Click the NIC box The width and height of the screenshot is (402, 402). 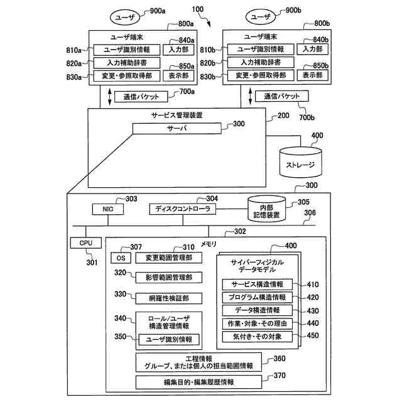pyautogui.click(x=107, y=209)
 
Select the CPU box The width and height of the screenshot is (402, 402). pyautogui.click(x=86, y=243)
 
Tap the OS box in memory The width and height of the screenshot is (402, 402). pyautogui.click(x=121, y=258)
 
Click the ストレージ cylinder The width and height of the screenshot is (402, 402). pyautogui.click(x=300, y=162)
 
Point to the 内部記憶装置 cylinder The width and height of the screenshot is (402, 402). pyautogui.click(x=266, y=209)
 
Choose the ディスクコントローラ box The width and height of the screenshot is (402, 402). pyautogui.click(x=183, y=209)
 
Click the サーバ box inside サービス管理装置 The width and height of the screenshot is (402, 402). pyautogui.click(x=177, y=128)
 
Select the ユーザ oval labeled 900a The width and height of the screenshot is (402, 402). pyautogui.click(x=125, y=18)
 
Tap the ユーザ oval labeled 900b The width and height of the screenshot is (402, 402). pyautogui.click(x=261, y=17)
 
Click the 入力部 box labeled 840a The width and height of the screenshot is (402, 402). pyautogui.click(x=178, y=50)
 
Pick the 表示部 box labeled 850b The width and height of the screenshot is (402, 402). pyautogui.click(x=313, y=75)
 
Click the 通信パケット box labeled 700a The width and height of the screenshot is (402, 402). pyautogui.click(x=141, y=97)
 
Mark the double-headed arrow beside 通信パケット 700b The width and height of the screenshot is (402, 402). pyautogui.click(x=251, y=96)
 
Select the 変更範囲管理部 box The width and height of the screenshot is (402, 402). pyautogui.click(x=169, y=258)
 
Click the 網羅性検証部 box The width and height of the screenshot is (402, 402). pyautogui.click(x=169, y=298)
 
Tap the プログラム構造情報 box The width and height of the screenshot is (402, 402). pyautogui.click(x=257, y=297)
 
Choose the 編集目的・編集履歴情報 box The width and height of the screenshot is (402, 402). pyautogui.click(x=198, y=382)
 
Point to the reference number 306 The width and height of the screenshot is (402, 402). pyautogui.click(x=310, y=212)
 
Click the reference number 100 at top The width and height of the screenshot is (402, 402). pyautogui.click(x=198, y=9)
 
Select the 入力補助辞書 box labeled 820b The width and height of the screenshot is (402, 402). pyautogui.click(x=261, y=62)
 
